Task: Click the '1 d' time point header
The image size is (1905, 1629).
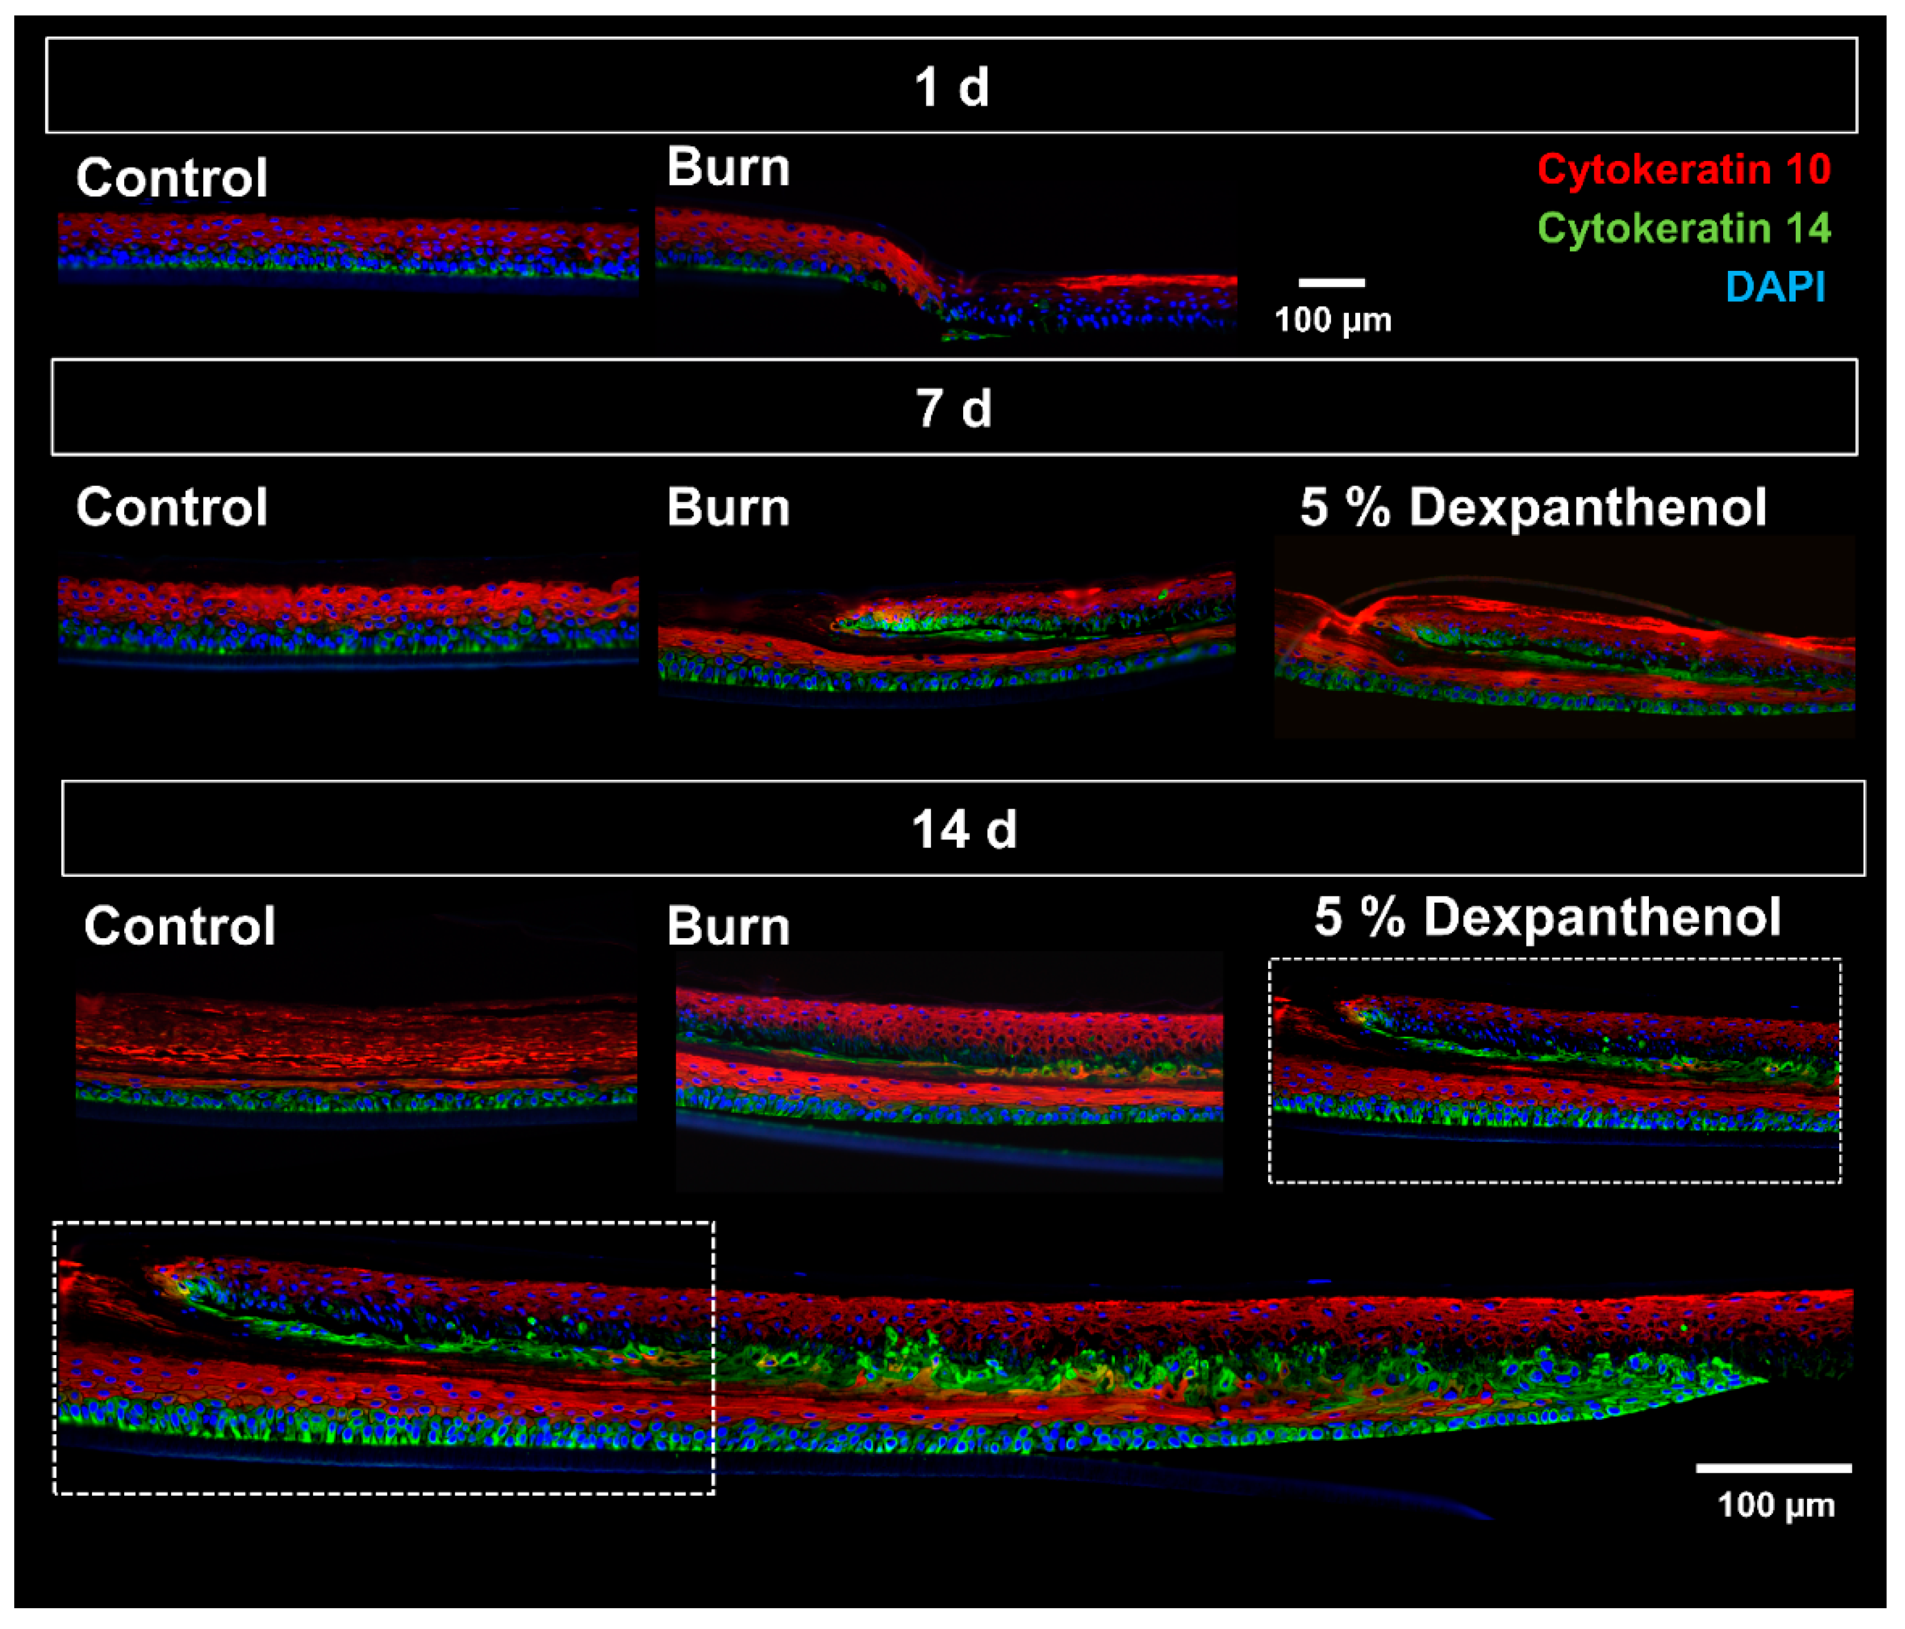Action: pos(951,87)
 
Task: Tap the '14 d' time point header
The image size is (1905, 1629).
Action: pos(964,829)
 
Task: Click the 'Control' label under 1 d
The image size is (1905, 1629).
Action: pos(172,178)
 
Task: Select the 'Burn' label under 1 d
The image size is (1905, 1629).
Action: pos(728,168)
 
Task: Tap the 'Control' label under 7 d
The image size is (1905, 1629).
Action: pos(172,507)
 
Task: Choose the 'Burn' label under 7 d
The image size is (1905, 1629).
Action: pos(728,507)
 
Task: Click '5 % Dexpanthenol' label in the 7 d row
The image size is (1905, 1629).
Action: pos(1532,507)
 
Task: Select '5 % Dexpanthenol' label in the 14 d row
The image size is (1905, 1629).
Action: pos(1547,917)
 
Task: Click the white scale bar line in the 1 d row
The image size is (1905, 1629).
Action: pos(1331,282)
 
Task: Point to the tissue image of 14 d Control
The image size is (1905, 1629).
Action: pos(356,1053)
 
